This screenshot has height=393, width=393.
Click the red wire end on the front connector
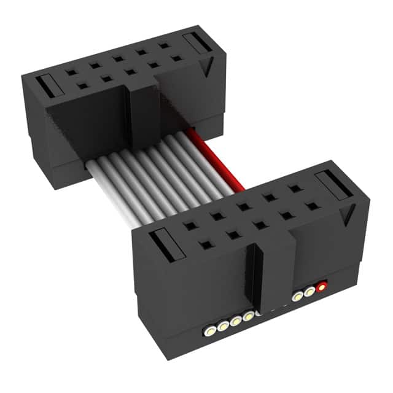pyautogui.click(x=321, y=286)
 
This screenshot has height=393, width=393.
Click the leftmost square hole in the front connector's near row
pyautogui.click(x=204, y=245)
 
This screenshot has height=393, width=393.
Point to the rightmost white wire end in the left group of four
pyautogui.click(x=248, y=317)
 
